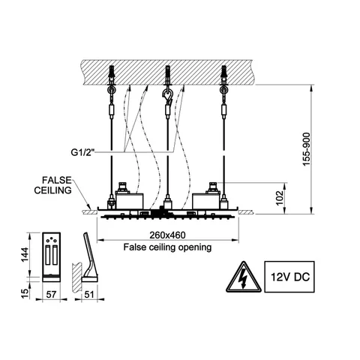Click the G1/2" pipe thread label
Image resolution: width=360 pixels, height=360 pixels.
click(83, 152)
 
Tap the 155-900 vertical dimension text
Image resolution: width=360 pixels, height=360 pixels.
click(306, 149)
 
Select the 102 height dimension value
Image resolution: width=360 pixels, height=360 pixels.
click(280, 197)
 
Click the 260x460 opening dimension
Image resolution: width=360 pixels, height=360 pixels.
click(167, 235)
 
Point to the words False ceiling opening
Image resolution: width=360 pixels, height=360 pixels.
click(167, 247)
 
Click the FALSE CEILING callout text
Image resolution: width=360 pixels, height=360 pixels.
click(53, 185)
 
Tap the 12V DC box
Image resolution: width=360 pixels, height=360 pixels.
click(289, 277)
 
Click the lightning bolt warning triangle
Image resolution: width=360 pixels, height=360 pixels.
click(244, 278)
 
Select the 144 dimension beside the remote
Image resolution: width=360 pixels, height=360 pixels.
click(25, 255)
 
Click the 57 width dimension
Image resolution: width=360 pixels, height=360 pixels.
click(51, 295)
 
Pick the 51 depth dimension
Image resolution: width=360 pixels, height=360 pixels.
click(89, 295)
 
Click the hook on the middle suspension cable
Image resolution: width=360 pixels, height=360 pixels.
click(167, 96)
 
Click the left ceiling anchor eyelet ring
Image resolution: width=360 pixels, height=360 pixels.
click(111, 90)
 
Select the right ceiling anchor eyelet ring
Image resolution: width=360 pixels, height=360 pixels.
click(223, 90)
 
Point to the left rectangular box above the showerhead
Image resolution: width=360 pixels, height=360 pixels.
click(130, 201)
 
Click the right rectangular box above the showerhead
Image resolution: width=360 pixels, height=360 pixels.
click(206, 201)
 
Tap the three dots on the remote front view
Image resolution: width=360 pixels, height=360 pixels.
click(51, 240)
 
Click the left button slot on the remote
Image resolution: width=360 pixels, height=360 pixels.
click(48, 255)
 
